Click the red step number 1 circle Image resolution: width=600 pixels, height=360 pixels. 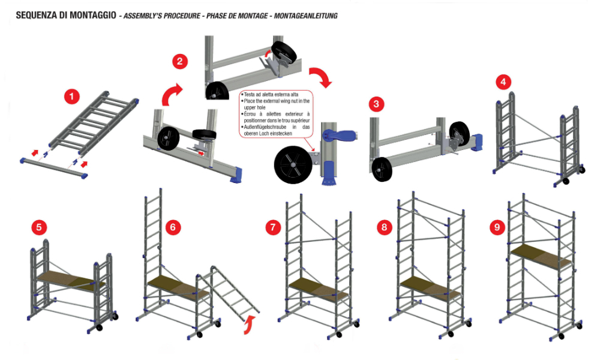(x=72, y=96)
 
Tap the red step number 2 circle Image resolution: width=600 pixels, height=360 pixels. (x=180, y=61)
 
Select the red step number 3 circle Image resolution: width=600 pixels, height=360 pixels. (x=376, y=104)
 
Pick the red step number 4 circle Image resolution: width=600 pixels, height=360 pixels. (x=503, y=82)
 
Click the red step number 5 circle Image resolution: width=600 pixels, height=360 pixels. (x=39, y=227)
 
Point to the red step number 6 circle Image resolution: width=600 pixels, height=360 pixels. (x=173, y=227)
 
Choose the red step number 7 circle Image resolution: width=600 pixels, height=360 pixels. (x=274, y=227)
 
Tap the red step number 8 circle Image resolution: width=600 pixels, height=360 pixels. (x=384, y=227)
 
